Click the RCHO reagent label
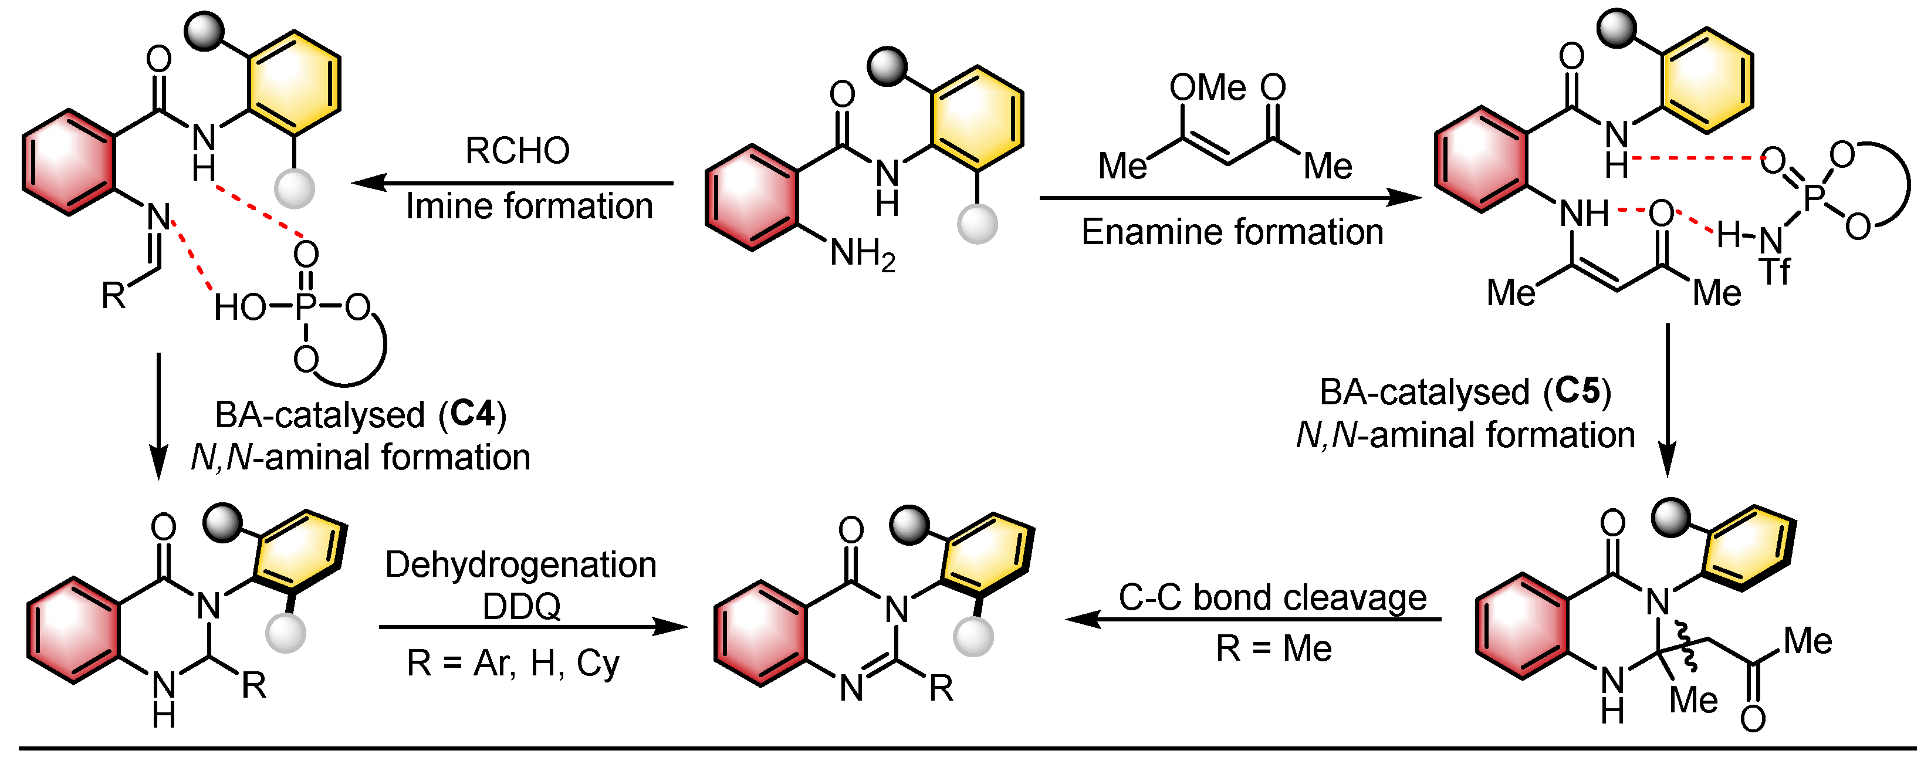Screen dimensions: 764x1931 click(518, 150)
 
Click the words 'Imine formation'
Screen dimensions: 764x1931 click(529, 206)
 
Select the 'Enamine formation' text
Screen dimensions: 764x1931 click(1232, 232)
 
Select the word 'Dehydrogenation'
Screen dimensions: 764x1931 click(520, 564)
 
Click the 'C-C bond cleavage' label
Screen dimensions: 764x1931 click(1272, 597)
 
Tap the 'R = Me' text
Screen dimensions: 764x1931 click(1273, 648)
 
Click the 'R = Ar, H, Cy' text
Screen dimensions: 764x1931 click(513, 663)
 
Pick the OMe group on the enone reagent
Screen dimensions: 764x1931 click(1207, 87)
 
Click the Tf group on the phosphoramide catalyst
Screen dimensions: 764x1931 click(1774, 272)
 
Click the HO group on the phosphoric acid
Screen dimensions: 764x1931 click(240, 307)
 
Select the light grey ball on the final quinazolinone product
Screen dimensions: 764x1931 click(973, 637)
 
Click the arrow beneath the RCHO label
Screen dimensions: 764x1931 click(513, 182)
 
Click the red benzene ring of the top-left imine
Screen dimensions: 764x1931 click(69, 163)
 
